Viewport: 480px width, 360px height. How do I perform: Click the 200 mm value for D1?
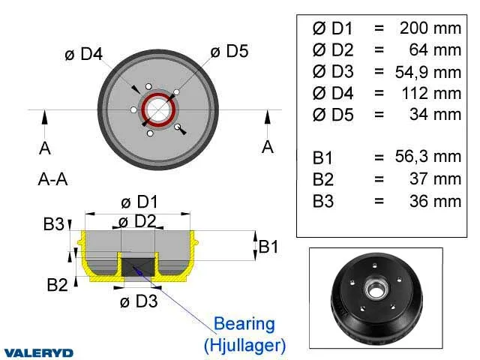click(430, 28)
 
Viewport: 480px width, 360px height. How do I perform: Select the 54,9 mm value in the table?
click(428, 72)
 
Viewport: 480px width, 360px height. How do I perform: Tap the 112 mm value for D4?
click(432, 93)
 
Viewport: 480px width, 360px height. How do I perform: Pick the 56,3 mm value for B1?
click(428, 157)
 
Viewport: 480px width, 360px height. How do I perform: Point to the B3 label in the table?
click(323, 201)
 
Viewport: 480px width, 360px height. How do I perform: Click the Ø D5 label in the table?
click(333, 115)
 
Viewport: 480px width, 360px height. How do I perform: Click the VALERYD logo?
click(38, 353)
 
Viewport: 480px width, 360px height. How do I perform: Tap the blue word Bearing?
click(244, 324)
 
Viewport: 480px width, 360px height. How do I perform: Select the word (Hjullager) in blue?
click(245, 345)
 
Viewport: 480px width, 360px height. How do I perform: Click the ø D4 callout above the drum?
click(83, 54)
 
